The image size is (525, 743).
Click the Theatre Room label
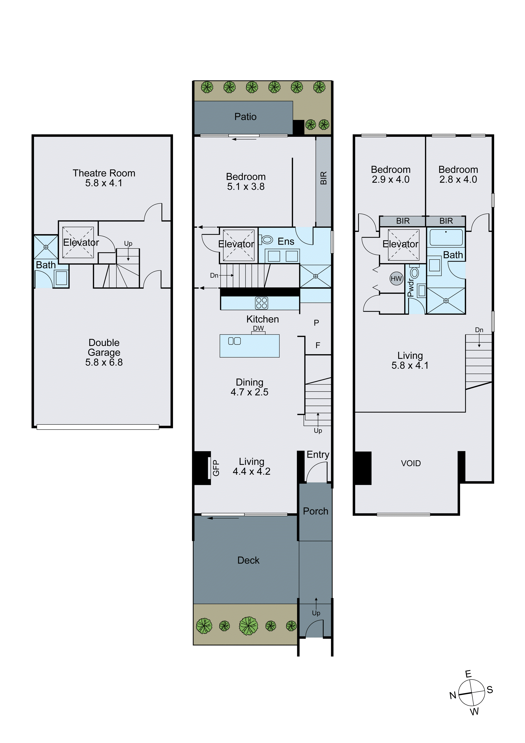pos(104,178)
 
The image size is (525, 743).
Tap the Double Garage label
pos(104,352)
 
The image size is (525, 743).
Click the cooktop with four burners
pos(261,303)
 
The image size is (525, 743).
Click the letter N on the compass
pos(453,695)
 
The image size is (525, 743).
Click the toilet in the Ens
pos(267,240)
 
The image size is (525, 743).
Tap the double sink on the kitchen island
pos(234,341)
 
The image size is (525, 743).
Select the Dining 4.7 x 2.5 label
pos(249,387)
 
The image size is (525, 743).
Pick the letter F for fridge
pos(318,345)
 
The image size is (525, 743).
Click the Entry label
pos(318,454)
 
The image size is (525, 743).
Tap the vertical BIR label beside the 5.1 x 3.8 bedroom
pos(323,178)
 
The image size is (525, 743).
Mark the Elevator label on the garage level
pos(81,242)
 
